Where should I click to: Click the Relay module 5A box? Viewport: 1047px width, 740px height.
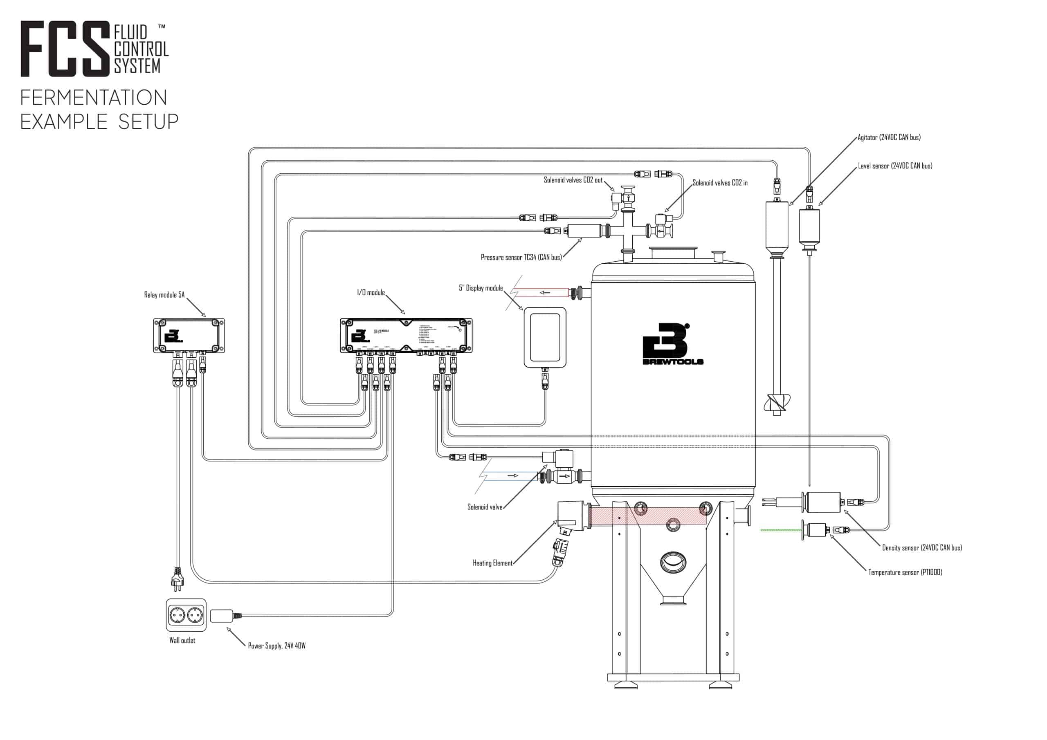pyautogui.click(x=188, y=336)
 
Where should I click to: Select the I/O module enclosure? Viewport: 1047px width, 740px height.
pyautogui.click(x=406, y=336)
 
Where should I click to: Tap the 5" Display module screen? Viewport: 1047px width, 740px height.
pyautogui.click(x=544, y=337)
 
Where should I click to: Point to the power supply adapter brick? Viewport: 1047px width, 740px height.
pyautogui.click(x=222, y=616)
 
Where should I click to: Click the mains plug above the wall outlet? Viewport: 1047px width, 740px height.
pyautogui.click(x=177, y=579)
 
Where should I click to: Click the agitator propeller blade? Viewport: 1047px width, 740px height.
pyautogui.click(x=777, y=403)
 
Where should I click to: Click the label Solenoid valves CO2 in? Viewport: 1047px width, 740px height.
pyautogui.click(x=719, y=183)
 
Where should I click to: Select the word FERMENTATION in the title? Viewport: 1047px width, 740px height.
pyautogui.click(x=94, y=98)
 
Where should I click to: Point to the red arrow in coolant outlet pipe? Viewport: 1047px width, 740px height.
pyautogui.click(x=544, y=292)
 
